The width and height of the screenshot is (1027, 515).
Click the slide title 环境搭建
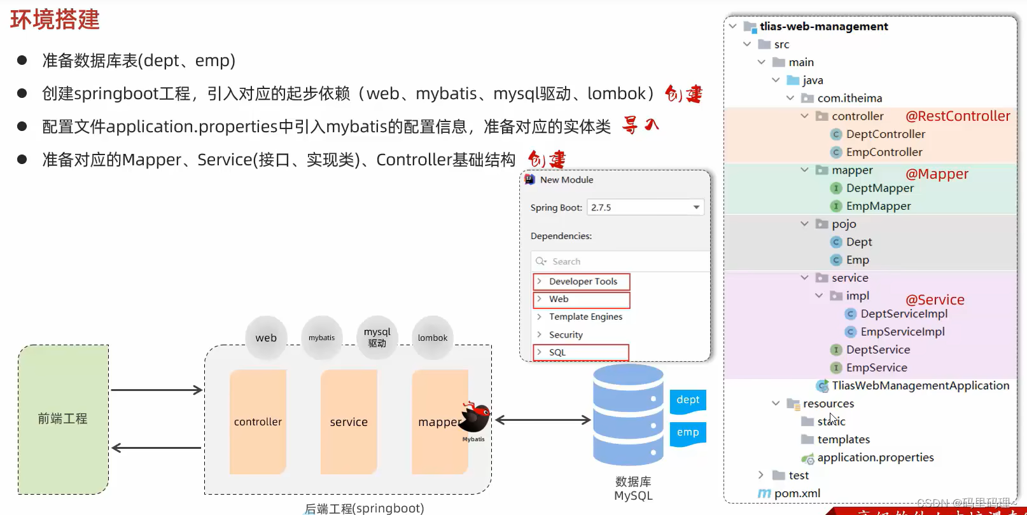[x=55, y=20]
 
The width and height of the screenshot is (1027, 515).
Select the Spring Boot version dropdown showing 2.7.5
[x=645, y=207]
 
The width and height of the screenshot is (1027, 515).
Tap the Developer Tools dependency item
[x=582, y=282]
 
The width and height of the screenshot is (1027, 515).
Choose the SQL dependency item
[x=581, y=352]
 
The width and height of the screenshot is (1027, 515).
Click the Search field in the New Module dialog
[x=620, y=261]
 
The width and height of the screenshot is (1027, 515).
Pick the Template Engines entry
[x=585, y=317]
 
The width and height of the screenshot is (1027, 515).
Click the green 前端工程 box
[x=63, y=419]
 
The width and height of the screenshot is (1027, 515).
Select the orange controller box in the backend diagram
[x=258, y=422]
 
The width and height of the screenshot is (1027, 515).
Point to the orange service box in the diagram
[x=349, y=422]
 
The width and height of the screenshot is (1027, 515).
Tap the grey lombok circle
[x=433, y=338]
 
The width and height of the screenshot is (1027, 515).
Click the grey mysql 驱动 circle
[x=377, y=337]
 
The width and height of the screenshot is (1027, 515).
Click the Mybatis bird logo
[x=475, y=418]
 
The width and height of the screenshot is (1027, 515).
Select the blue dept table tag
[x=688, y=400]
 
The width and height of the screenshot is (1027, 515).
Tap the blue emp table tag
[x=688, y=432]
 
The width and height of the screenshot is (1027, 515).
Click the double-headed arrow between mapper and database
[x=543, y=420]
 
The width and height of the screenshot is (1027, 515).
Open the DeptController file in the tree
[x=885, y=134]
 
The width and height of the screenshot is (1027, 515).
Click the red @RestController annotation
[x=958, y=116]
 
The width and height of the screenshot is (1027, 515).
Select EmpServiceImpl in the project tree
[x=902, y=332]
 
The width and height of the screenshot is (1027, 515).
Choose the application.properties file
[x=875, y=458]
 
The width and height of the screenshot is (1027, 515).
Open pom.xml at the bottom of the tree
[x=797, y=493]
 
